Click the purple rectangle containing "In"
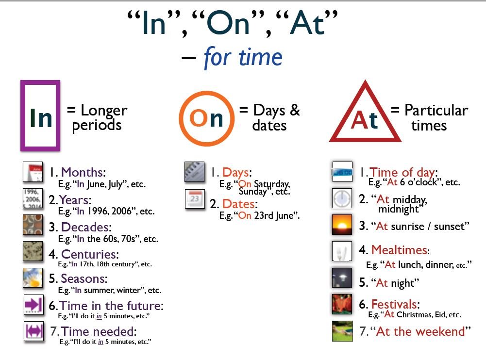click(x=40, y=115)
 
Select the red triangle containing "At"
click(x=365, y=115)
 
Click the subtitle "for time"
click(x=243, y=57)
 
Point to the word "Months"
click(x=83, y=172)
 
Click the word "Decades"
click(x=86, y=227)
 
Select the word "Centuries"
click(x=89, y=254)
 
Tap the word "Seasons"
click(x=84, y=279)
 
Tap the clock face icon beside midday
click(x=342, y=198)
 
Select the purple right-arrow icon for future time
click(x=34, y=305)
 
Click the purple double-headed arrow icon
click(x=34, y=332)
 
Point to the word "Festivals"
click(x=394, y=305)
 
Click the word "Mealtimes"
click(x=399, y=250)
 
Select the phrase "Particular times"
click(x=429, y=117)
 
